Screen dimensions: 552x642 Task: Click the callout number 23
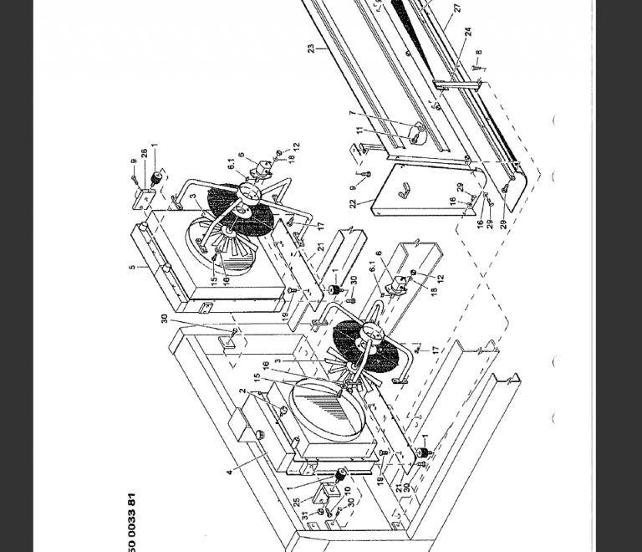pos(310,49)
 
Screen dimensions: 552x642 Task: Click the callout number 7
pos(352,113)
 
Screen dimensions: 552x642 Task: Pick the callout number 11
pos(359,130)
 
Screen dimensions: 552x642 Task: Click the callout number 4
pos(230,473)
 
